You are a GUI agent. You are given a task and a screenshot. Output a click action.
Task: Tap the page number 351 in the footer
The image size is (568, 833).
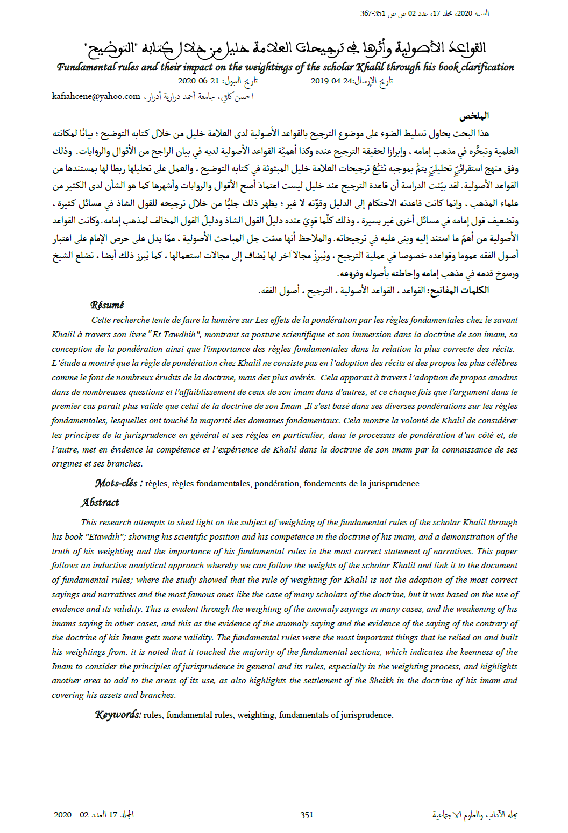click(307, 815)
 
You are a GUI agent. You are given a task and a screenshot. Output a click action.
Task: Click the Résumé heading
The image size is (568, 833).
click(107, 305)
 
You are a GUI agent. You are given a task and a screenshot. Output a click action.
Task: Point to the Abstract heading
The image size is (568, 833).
click(100, 503)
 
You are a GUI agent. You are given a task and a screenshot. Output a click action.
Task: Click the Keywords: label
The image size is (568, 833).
click(118, 715)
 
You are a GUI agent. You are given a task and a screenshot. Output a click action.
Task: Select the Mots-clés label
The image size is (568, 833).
click(119, 483)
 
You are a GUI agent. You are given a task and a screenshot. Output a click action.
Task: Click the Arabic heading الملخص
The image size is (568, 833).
click(474, 116)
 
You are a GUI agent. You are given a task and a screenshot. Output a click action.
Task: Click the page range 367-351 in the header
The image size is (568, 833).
click(373, 13)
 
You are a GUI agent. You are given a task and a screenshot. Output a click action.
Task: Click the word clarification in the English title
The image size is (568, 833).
click(488, 67)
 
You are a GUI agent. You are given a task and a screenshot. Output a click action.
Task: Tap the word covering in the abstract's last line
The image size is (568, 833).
click(68, 695)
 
